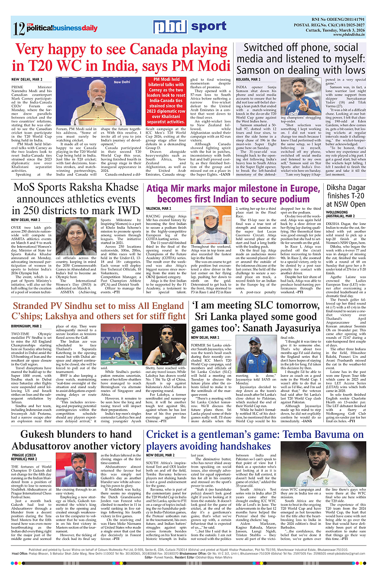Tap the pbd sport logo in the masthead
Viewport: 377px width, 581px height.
189,27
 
